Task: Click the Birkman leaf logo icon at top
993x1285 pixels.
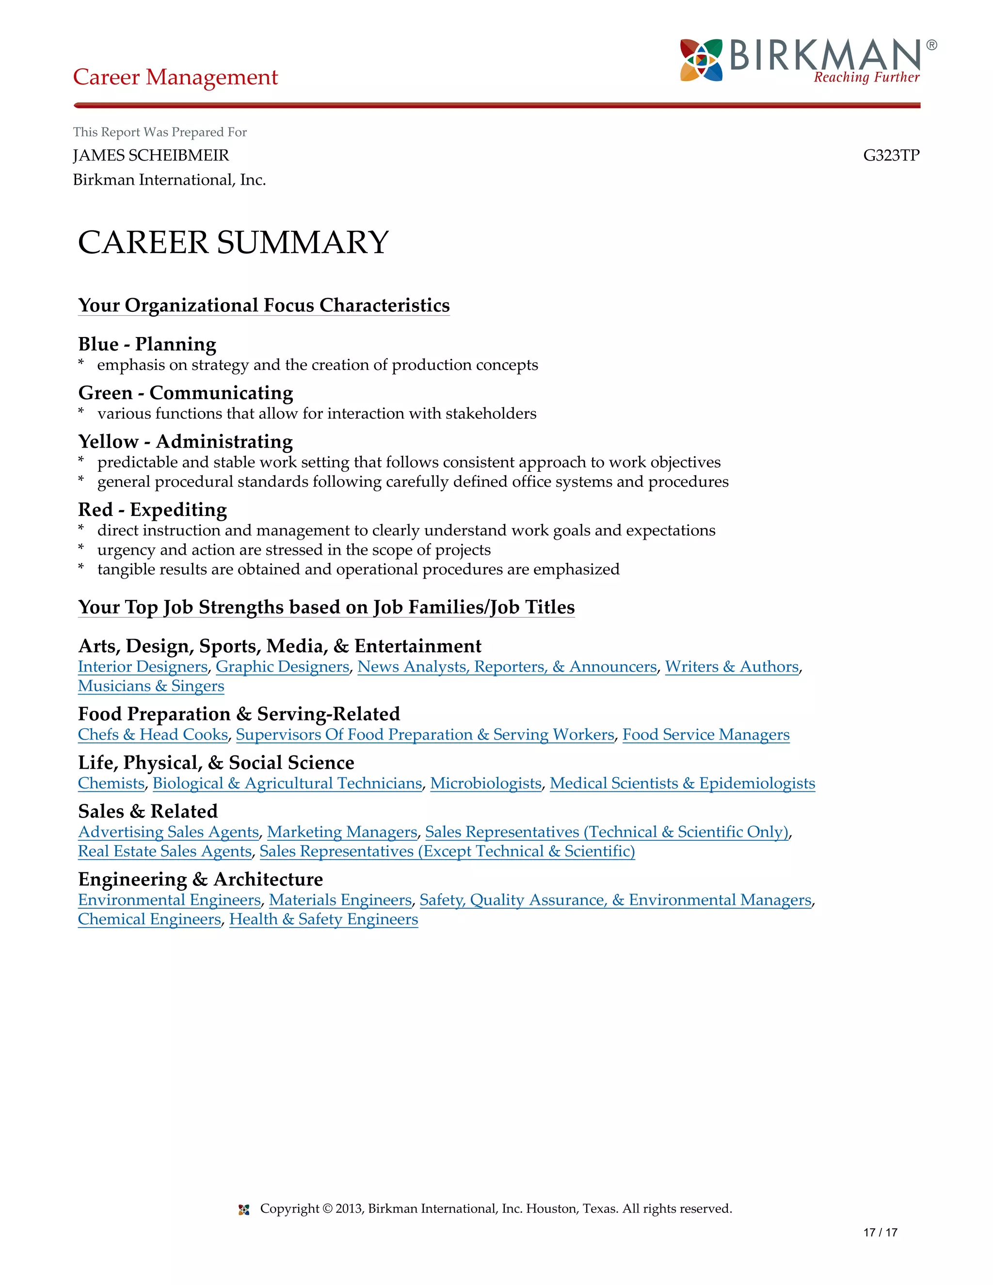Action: (701, 60)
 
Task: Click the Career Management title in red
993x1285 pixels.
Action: (176, 77)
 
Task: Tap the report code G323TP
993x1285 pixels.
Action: (891, 155)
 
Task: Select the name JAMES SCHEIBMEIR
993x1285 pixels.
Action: (151, 155)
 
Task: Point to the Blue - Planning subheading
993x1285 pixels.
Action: (147, 344)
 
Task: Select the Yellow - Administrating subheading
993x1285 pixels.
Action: (185, 441)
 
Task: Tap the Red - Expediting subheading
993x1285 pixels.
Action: (152, 510)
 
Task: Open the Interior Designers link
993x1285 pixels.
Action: (143, 667)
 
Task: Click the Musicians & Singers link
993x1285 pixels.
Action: (151, 686)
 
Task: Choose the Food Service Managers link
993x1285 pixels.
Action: (706, 735)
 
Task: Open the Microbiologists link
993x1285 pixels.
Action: (486, 784)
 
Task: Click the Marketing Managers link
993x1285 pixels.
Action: (342, 832)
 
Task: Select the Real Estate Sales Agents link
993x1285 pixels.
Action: (165, 851)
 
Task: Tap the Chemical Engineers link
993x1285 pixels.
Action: (149, 919)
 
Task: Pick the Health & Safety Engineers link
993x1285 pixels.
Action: (323, 919)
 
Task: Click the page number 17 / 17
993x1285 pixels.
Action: (880, 1233)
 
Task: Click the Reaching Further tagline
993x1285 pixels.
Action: (866, 78)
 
